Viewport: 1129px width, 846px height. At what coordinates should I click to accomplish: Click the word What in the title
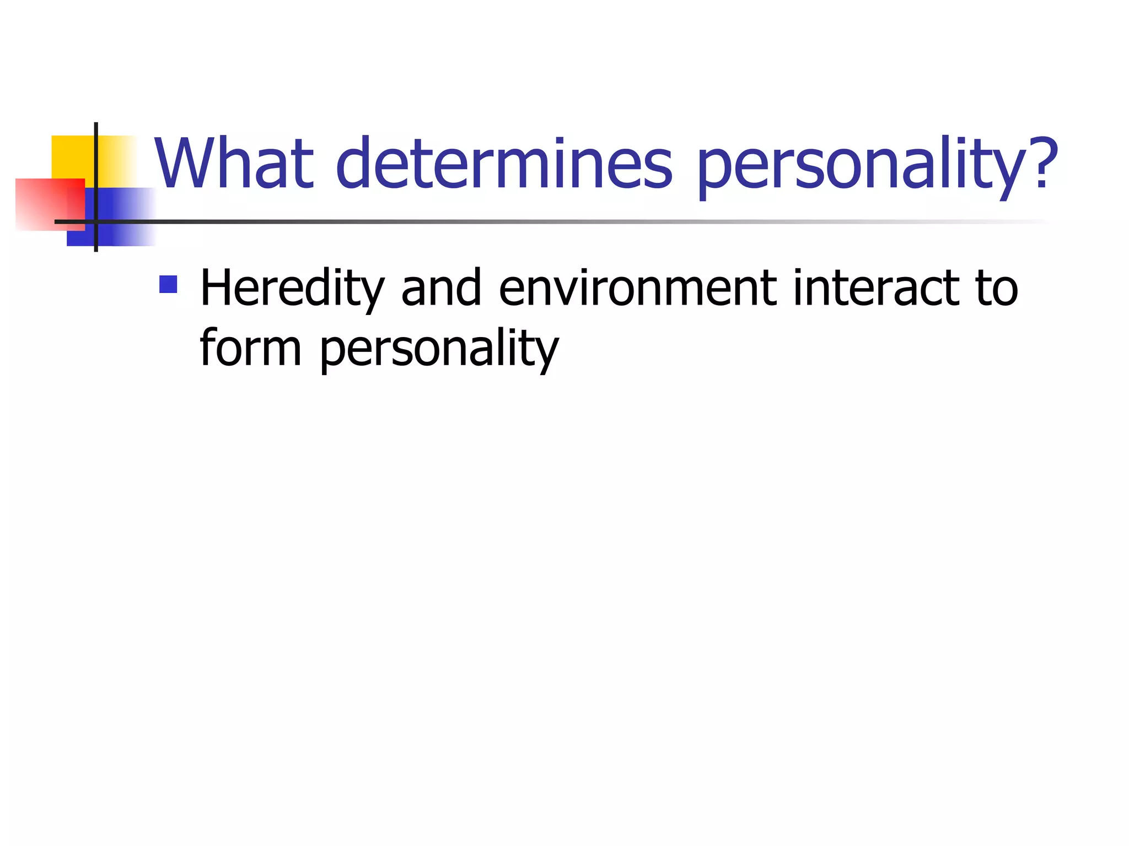234,164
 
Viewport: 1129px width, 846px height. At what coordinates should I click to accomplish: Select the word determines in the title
504,164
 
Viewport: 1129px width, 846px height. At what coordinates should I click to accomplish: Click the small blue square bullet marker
168,284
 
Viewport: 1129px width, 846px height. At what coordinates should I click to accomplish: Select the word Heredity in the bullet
292,289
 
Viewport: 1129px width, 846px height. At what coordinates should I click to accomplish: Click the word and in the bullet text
441,288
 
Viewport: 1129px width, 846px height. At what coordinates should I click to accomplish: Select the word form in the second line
250,348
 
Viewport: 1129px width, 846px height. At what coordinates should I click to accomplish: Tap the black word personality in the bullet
439,350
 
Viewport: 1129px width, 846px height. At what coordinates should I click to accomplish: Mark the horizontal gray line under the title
551,221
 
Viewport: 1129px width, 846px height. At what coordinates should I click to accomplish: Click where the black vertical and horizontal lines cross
96,221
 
